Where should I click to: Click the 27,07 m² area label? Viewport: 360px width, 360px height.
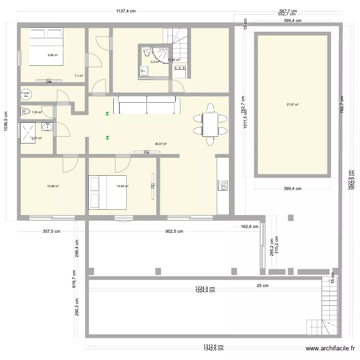click(x=292, y=104)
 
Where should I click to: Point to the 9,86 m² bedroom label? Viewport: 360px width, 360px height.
click(x=52, y=55)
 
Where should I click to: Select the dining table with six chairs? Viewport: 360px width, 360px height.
click(x=210, y=124)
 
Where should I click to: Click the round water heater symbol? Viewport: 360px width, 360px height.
click(x=26, y=94)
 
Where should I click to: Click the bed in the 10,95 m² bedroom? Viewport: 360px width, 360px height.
click(x=108, y=192)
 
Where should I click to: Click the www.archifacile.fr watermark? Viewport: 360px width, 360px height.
click(x=330, y=349)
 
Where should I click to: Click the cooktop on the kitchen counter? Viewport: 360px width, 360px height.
click(x=223, y=184)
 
